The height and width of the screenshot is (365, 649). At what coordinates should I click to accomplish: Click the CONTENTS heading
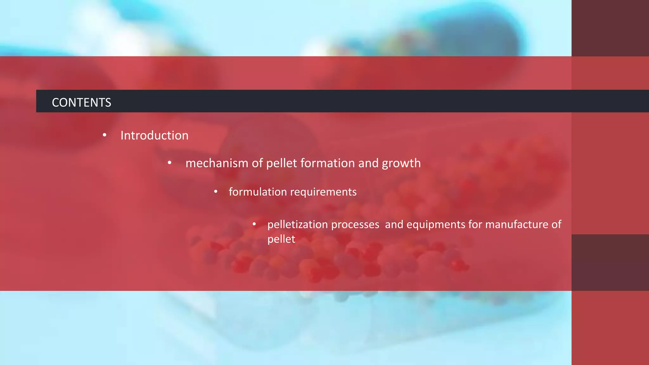tap(81, 102)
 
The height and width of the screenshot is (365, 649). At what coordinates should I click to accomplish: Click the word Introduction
tap(154, 136)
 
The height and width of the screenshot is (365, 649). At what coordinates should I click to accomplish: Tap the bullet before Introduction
tap(105, 135)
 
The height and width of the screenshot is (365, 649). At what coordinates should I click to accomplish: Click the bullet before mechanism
tap(170, 163)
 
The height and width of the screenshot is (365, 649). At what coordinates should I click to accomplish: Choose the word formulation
tap(258, 192)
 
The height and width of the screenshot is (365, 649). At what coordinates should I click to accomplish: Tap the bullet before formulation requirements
tap(215, 192)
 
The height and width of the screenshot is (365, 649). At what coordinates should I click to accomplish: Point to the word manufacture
tap(517, 224)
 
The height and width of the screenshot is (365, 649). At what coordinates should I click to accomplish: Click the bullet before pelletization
tap(254, 224)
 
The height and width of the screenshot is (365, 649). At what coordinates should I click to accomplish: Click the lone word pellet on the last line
tap(281, 239)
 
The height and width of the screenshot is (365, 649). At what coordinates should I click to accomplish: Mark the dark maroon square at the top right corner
tap(610, 28)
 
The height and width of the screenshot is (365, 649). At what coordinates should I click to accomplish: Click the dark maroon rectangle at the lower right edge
tap(610, 262)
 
